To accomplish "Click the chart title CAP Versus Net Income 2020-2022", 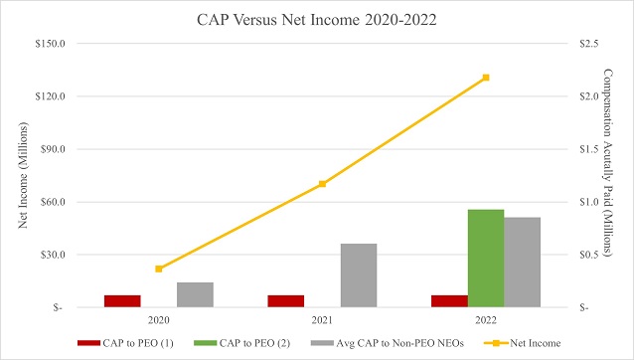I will [x=318, y=17].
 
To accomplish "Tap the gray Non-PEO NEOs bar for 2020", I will [x=195, y=294].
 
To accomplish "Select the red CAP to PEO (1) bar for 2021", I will [x=286, y=301].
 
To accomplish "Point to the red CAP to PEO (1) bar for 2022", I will [x=449, y=301].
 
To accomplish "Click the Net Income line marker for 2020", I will [x=159, y=269].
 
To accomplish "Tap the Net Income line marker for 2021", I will [x=322, y=184].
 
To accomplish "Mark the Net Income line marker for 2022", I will [x=486, y=78].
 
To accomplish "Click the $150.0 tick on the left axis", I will [x=50, y=44].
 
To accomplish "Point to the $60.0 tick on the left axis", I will [x=52, y=202].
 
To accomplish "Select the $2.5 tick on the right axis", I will [x=587, y=44].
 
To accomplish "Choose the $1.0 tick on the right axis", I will [x=587, y=202].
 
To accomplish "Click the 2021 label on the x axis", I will [x=322, y=321].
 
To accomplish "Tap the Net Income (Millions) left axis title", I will [x=22, y=174].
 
